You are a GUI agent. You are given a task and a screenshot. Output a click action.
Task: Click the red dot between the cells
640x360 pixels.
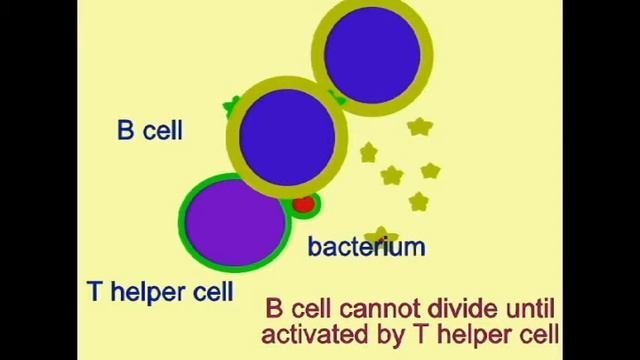point(304,205)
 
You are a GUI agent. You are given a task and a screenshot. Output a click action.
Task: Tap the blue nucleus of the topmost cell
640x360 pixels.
point(372,53)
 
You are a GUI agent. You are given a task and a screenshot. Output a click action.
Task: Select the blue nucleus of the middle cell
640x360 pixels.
point(287,136)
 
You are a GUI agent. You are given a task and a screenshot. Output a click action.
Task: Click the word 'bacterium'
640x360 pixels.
point(366,246)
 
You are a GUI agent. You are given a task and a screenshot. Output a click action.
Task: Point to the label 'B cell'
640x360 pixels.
point(150,130)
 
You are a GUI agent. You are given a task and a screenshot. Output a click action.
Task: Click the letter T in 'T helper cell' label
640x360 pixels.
point(94,292)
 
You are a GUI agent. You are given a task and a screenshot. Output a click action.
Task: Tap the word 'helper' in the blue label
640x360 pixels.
point(147,293)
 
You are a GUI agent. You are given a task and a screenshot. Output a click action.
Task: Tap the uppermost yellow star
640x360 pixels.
point(419,127)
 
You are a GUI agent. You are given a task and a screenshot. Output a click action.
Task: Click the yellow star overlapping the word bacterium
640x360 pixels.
point(381,235)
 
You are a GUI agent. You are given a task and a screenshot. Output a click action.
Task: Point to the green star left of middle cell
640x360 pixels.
point(232,104)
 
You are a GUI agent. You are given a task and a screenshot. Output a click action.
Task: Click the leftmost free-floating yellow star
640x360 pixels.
point(368,153)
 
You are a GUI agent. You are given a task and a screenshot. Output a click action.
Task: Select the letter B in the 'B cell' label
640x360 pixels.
point(126,130)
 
